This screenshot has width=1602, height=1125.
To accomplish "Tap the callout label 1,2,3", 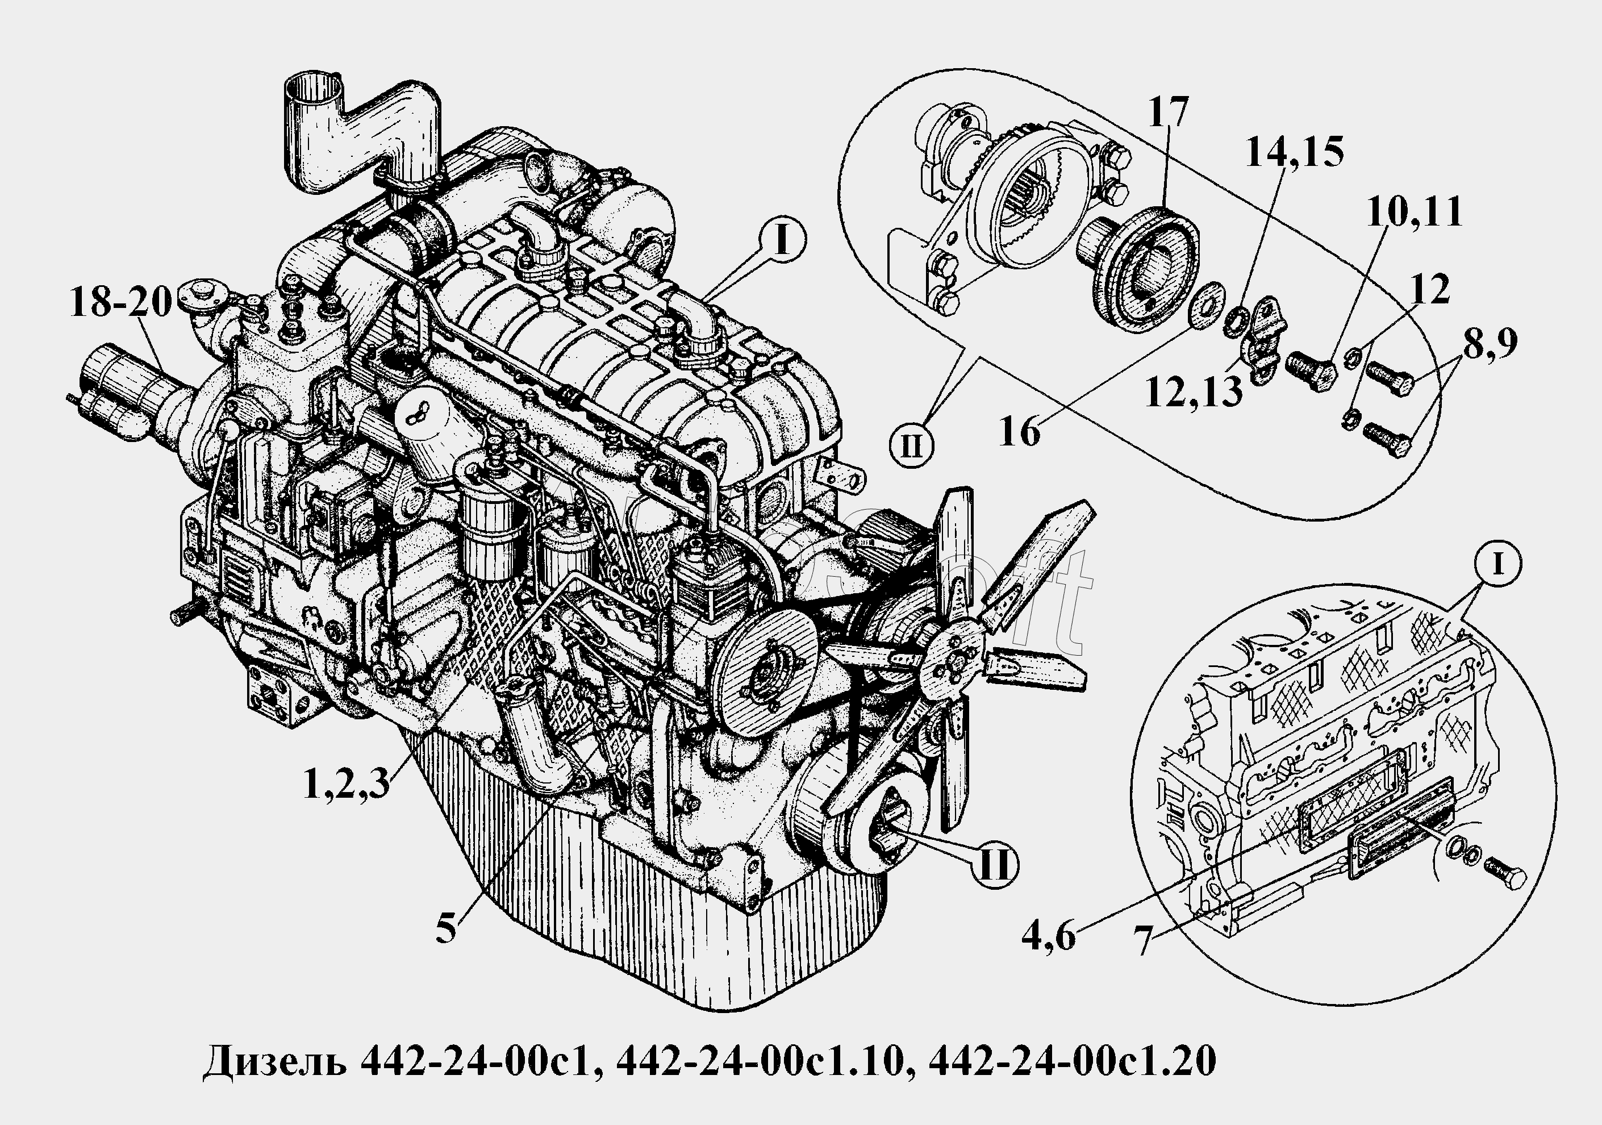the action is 347,783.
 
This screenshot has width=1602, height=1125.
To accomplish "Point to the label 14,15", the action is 1294,152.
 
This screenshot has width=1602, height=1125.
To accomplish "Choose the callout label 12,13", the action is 1194,394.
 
